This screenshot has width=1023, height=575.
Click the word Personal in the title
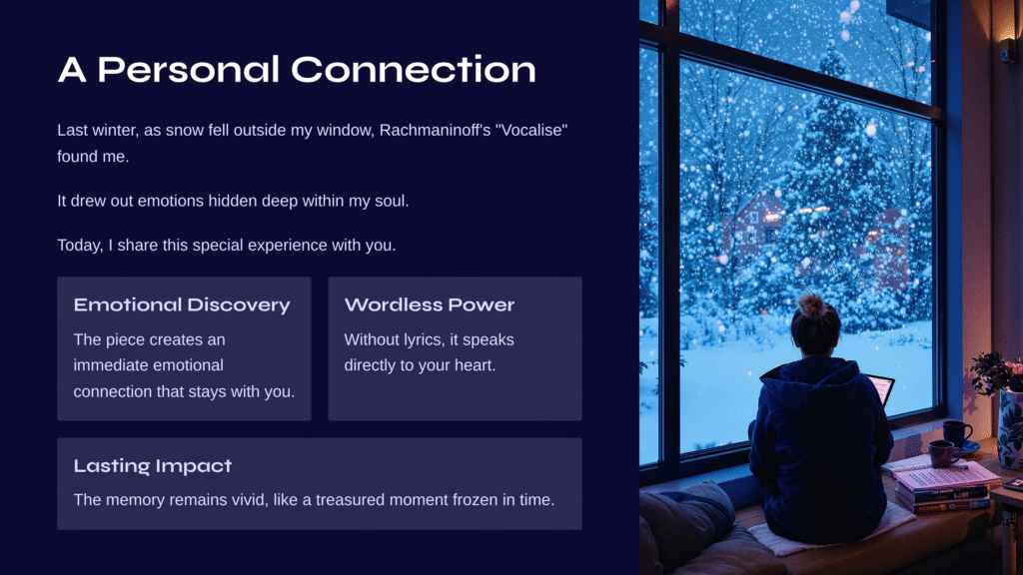[x=189, y=70]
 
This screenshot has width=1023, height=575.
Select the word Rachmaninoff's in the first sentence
[x=436, y=131]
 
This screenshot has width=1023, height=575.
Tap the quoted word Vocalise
[x=531, y=131]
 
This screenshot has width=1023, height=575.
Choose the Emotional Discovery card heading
[x=182, y=305]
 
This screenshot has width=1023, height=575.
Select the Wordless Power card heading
[x=430, y=305]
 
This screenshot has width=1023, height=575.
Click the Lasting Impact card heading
[x=153, y=465]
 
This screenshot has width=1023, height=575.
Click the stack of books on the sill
[x=943, y=487]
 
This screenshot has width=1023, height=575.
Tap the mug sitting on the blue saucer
[x=956, y=433]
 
